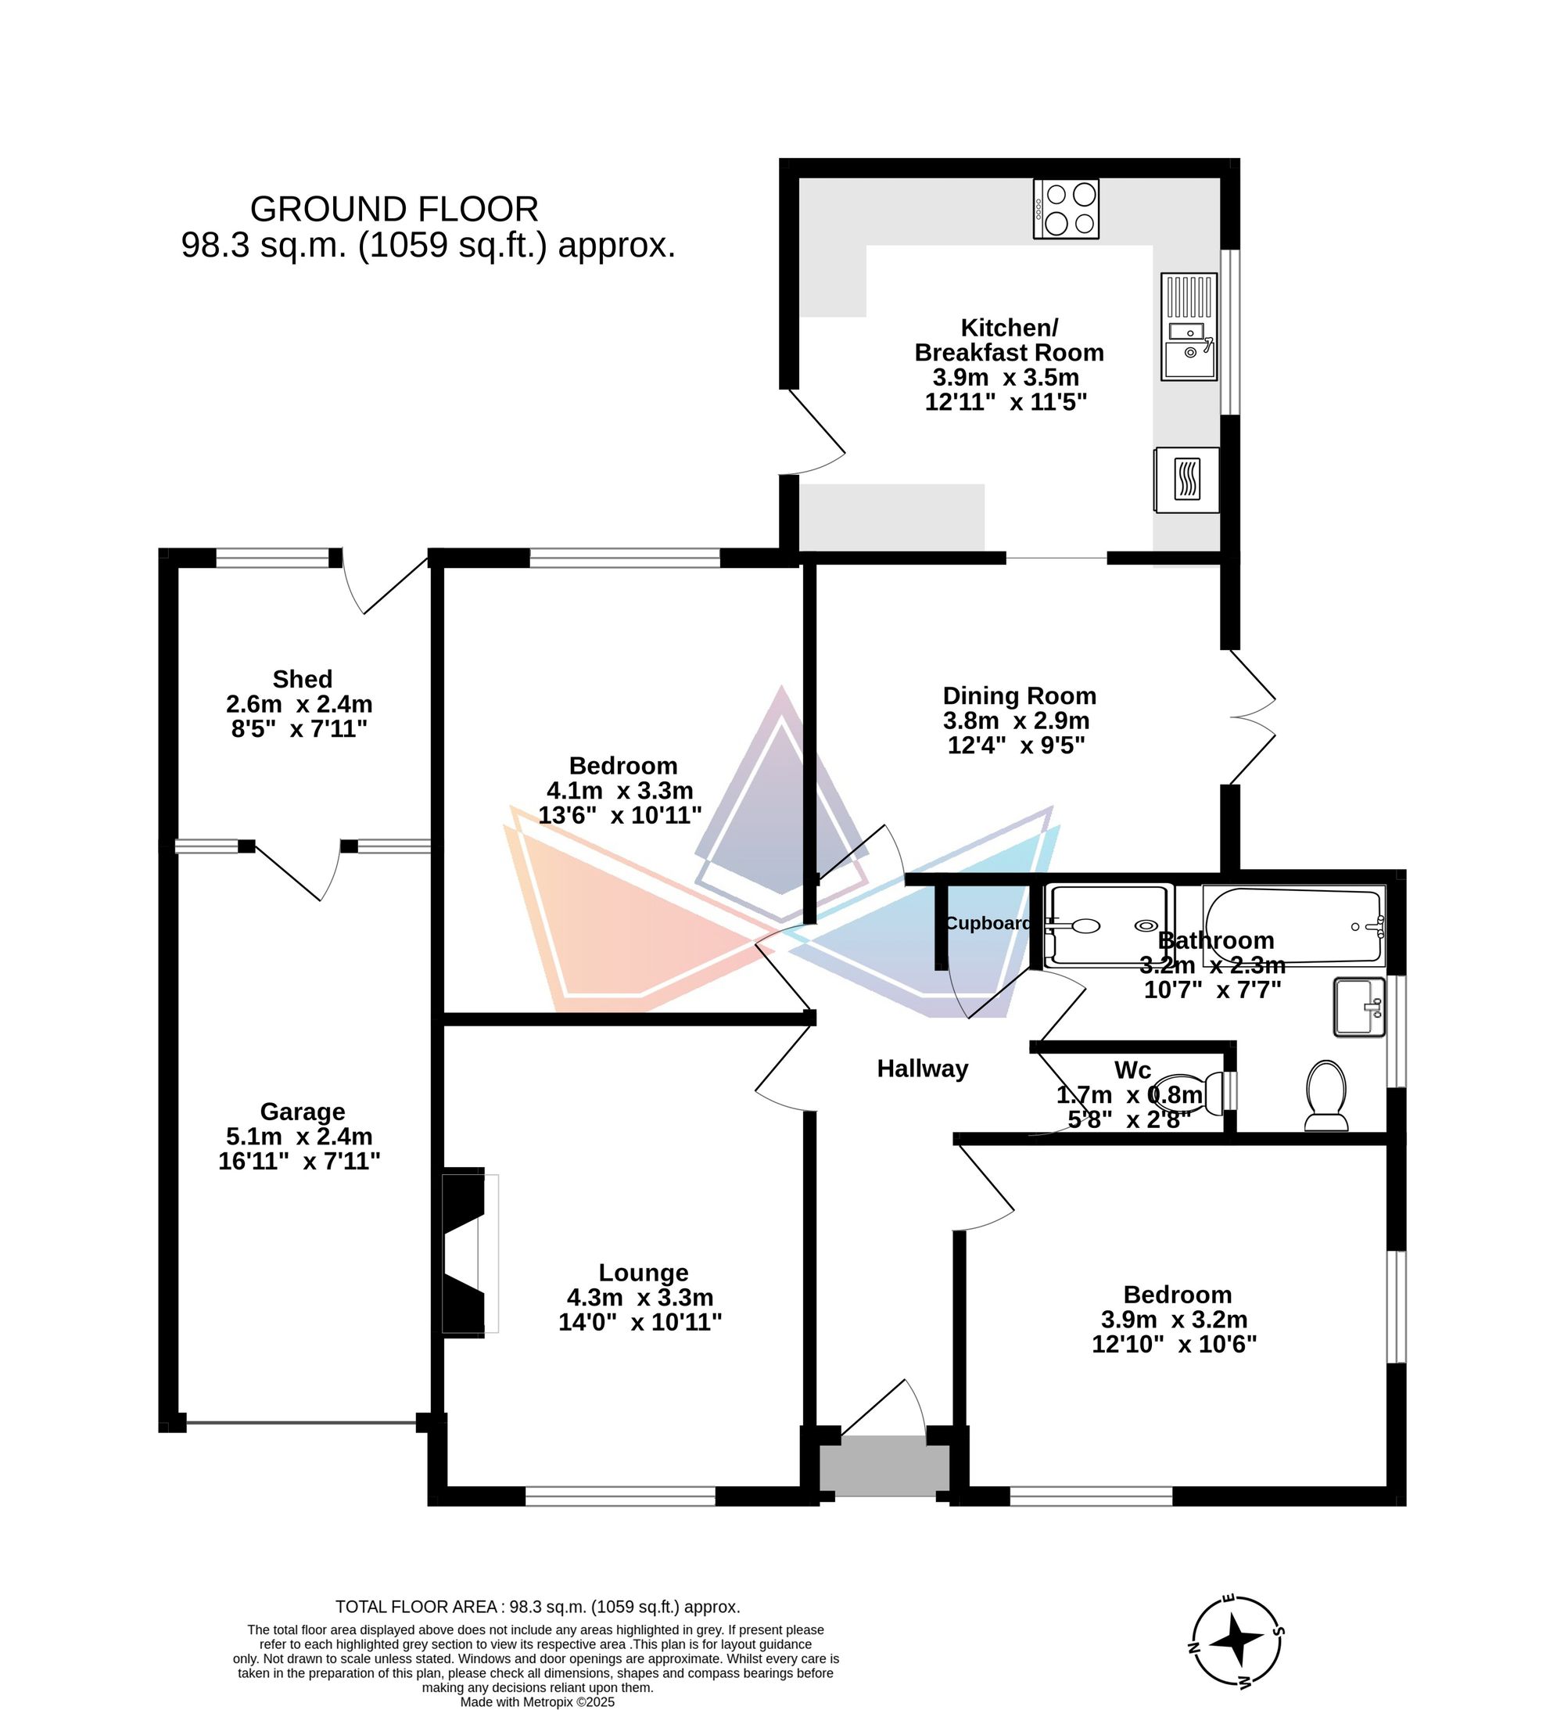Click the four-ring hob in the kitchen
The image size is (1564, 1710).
point(1066,209)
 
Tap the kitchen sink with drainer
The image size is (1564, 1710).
point(1189,326)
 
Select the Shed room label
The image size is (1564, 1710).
point(302,680)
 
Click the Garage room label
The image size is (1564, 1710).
point(302,1112)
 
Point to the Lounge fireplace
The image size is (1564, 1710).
point(470,1255)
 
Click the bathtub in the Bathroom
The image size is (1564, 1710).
point(1294,926)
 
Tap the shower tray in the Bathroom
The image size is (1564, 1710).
point(1110,926)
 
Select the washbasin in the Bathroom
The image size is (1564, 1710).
point(1360,1008)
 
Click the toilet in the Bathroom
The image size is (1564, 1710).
point(1326,1097)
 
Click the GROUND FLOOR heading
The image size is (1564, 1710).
point(393,209)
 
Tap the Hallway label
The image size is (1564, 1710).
point(922,1069)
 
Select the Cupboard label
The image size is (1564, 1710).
point(988,924)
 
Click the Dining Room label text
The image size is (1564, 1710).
point(1020,696)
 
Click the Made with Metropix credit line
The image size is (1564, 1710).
point(537,1701)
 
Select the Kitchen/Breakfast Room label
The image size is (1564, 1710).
point(1009,340)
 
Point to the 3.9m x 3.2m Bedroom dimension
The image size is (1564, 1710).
point(1174,1320)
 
